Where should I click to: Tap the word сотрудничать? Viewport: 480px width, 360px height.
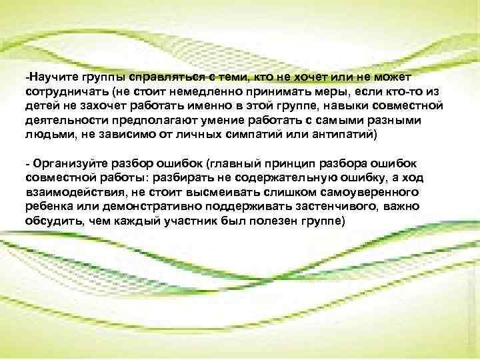point(65,90)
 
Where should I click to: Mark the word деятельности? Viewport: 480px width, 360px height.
point(62,121)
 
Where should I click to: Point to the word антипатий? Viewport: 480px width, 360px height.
point(331,135)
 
